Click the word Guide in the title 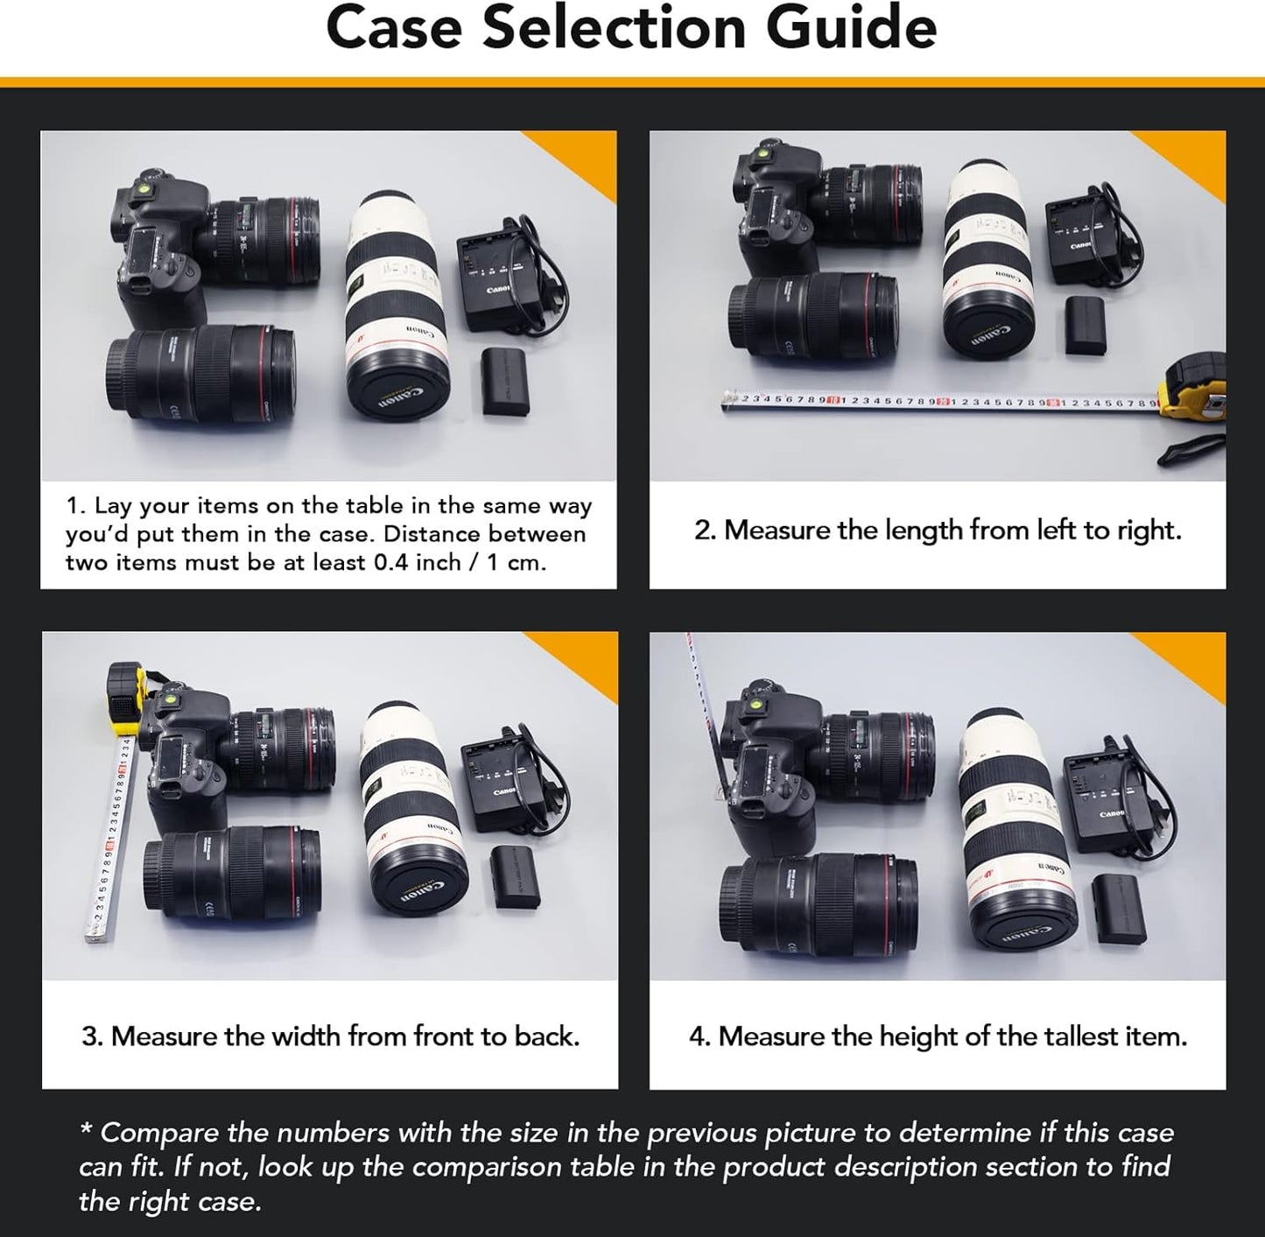tap(851, 28)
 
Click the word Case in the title tap(394, 28)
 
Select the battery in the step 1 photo tap(506, 381)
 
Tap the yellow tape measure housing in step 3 tap(125, 696)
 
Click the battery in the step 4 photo tap(1119, 909)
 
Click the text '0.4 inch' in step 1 tap(417, 562)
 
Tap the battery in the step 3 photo tap(515, 876)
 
